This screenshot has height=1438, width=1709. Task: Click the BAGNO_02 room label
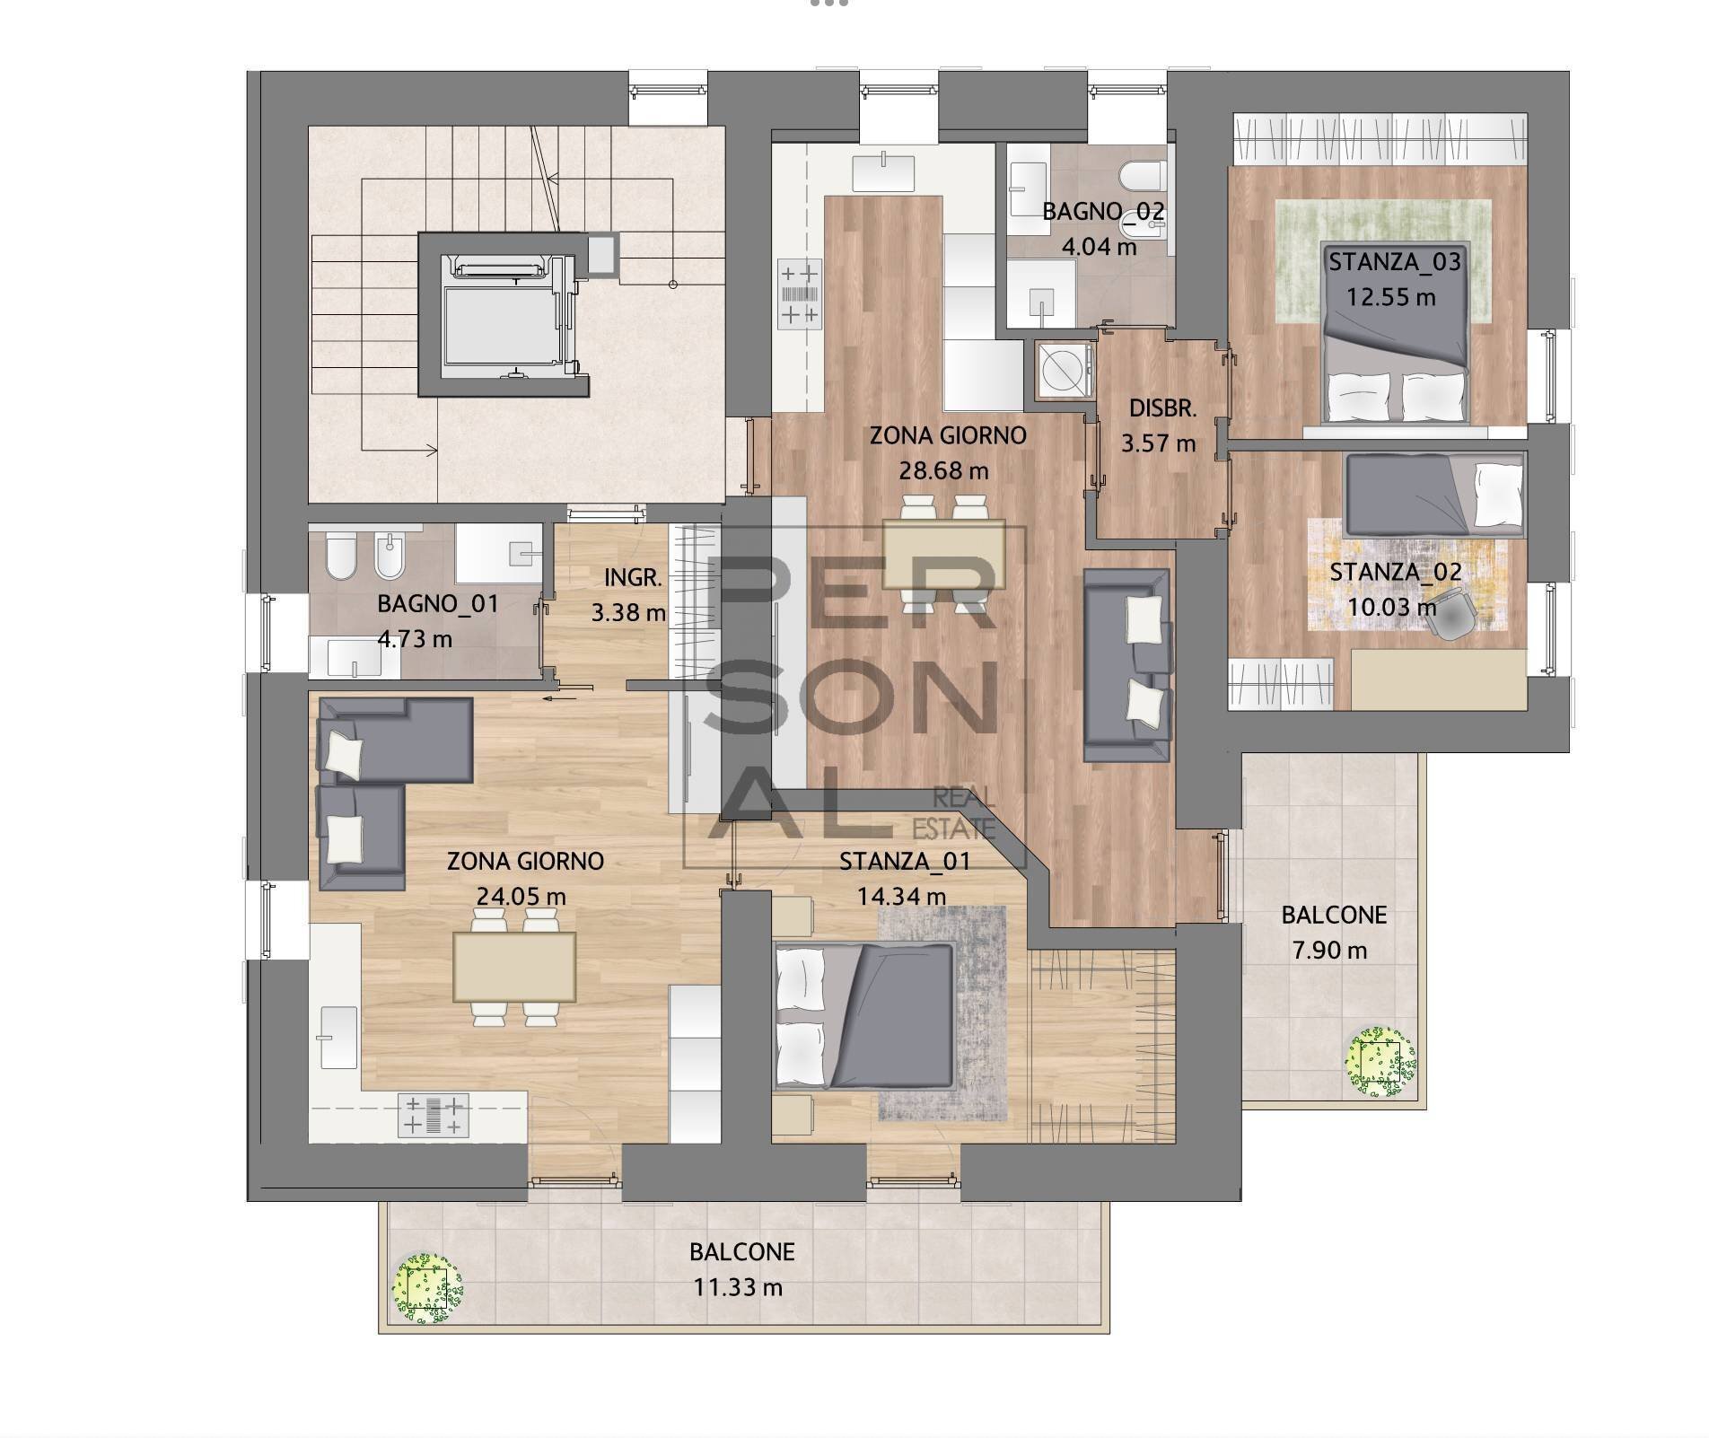click(x=1103, y=212)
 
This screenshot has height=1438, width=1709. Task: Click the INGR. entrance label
click(x=632, y=578)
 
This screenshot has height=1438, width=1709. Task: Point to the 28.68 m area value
click(x=943, y=470)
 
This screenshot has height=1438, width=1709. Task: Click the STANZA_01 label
click(x=904, y=862)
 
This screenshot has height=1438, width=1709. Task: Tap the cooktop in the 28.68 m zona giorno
click(x=799, y=293)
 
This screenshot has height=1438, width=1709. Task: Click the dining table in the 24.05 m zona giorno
click(x=514, y=967)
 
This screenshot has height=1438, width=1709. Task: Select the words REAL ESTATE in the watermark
click(x=962, y=811)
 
